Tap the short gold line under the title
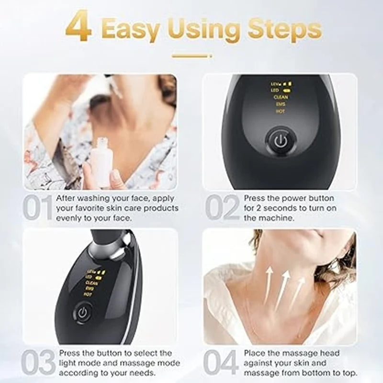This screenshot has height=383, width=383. pyautogui.click(x=191, y=56)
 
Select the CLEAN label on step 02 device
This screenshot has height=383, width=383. pyautogui.click(x=281, y=97)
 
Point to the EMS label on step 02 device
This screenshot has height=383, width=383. pyautogui.click(x=281, y=104)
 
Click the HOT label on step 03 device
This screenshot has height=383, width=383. pyautogui.click(x=88, y=294)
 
